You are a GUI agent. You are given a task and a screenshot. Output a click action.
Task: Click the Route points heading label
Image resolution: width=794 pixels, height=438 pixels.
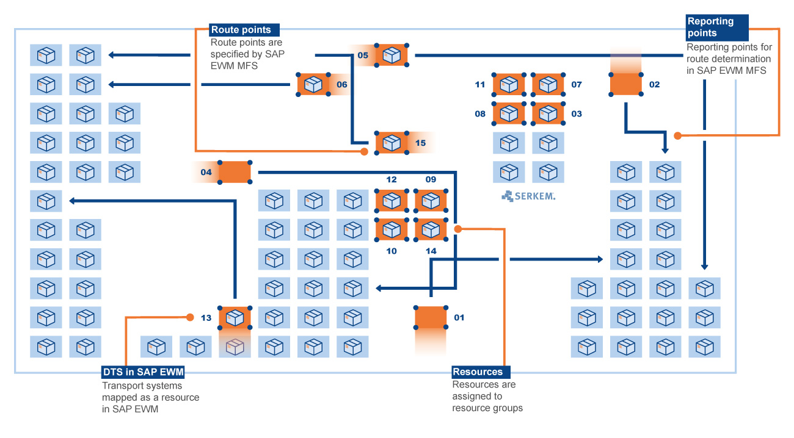click(241, 30)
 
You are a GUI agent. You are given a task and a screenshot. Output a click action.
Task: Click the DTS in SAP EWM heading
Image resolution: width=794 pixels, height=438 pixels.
click(143, 372)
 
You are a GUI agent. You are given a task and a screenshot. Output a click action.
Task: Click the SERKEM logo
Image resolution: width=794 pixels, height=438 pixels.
click(528, 196)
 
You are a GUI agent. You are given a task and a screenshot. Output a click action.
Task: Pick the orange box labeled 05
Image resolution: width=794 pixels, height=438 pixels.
click(392, 56)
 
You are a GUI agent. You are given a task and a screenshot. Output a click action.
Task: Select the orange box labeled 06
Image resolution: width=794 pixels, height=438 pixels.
click(313, 84)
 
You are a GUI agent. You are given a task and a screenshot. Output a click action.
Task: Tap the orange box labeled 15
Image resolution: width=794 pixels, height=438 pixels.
click(392, 143)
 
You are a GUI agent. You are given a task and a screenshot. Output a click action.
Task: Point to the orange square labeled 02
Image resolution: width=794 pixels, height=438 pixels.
click(626, 84)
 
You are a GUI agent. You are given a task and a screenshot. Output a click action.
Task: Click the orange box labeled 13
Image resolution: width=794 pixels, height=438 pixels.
click(235, 318)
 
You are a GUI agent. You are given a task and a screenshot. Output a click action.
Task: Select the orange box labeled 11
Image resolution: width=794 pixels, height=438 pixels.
click(509, 84)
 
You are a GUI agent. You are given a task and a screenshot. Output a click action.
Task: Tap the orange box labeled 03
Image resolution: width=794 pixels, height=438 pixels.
click(548, 113)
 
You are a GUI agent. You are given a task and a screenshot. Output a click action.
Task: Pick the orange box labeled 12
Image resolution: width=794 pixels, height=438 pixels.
click(392, 201)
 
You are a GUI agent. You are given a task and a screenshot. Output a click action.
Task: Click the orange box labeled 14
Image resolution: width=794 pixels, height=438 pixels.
click(431, 229)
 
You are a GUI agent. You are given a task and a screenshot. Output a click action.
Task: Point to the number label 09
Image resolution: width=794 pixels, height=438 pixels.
click(431, 180)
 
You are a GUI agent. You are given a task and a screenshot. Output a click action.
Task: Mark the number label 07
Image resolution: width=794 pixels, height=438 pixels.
click(577, 84)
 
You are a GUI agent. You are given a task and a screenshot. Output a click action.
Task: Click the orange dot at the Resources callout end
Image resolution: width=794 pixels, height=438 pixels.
click(457, 229)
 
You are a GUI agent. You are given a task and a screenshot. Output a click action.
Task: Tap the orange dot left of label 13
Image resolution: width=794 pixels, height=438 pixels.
click(190, 317)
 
